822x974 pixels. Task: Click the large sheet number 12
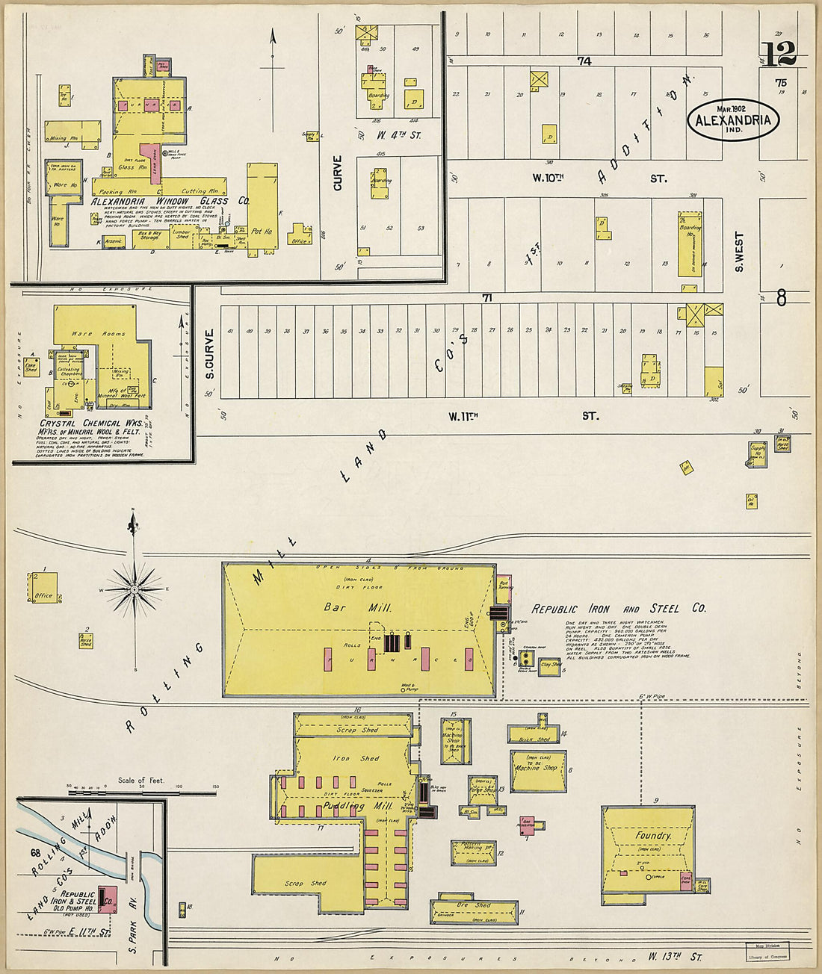tap(779, 54)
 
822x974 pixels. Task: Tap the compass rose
tap(134, 590)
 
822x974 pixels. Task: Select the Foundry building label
tap(653, 836)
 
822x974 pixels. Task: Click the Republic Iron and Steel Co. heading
tap(618, 608)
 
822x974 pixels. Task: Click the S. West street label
tap(740, 252)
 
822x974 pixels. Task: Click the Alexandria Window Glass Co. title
tap(170, 201)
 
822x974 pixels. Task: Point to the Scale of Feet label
tap(141, 781)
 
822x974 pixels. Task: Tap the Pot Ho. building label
tap(261, 230)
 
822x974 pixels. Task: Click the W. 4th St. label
tap(399, 135)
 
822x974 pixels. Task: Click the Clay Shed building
tap(551, 664)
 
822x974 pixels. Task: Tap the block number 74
tap(584, 61)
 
